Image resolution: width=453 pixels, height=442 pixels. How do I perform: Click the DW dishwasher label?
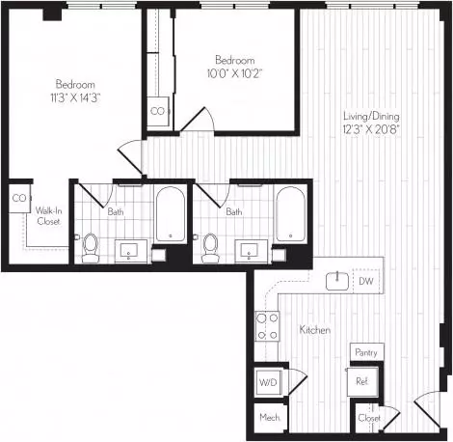(x=366, y=281)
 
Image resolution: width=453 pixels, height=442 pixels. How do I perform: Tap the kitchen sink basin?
(x=337, y=281)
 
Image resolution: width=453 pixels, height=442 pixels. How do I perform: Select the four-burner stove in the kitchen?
(x=267, y=326)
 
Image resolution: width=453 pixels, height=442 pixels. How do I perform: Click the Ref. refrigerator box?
(x=362, y=381)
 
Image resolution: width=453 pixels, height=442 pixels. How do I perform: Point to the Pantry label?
(x=366, y=352)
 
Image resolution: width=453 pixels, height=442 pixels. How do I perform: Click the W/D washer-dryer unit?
(x=268, y=382)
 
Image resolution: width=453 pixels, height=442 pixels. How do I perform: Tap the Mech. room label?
(x=270, y=418)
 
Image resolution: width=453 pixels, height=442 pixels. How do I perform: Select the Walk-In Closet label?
(x=48, y=216)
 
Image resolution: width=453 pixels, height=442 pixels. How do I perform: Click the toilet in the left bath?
(x=90, y=248)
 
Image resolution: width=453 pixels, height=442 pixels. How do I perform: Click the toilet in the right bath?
(x=210, y=248)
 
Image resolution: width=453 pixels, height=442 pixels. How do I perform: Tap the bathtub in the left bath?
(x=171, y=214)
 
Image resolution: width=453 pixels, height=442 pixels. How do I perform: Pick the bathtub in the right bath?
(x=290, y=214)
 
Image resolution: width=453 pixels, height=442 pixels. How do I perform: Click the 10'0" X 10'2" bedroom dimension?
(x=234, y=73)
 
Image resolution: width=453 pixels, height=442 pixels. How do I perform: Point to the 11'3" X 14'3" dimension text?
(x=75, y=97)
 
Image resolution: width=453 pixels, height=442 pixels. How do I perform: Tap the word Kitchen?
(x=315, y=329)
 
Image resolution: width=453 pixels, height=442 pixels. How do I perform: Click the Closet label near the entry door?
(x=369, y=418)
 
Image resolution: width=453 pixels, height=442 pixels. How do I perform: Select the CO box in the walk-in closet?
(x=19, y=198)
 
